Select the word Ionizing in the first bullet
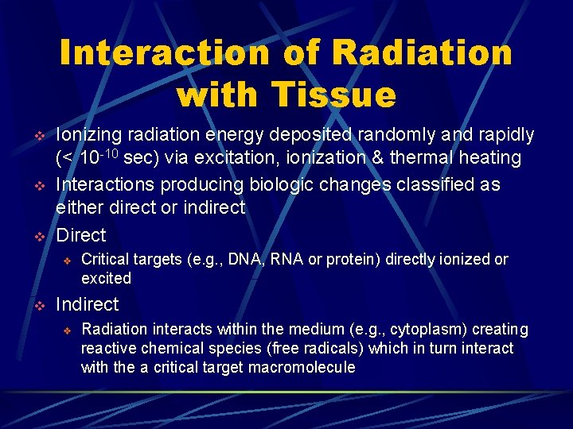[87, 136]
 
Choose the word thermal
[418, 158]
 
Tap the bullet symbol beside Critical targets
[68, 261]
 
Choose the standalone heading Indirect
[87, 304]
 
